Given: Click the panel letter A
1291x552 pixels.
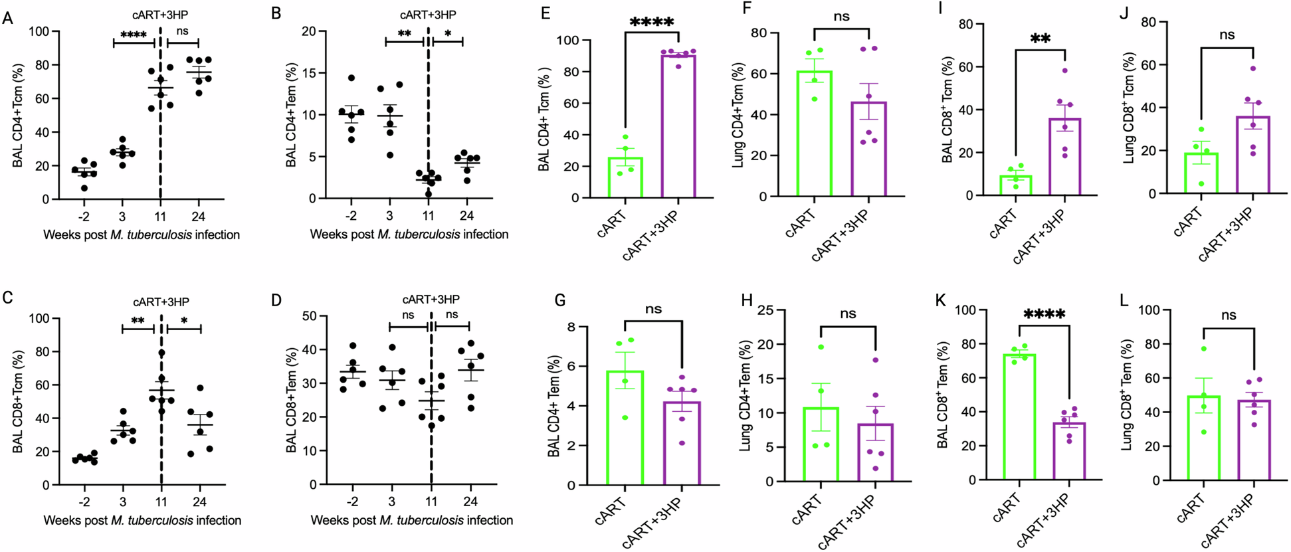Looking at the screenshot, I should (x=8, y=17).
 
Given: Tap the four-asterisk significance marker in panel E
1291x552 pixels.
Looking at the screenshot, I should (x=652, y=22).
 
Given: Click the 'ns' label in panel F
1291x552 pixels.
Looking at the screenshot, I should (x=841, y=16).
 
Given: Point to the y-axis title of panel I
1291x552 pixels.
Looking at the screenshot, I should (x=947, y=110).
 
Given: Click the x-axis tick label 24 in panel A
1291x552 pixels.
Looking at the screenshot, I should (x=198, y=216).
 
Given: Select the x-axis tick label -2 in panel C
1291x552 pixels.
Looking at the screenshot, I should (x=83, y=502).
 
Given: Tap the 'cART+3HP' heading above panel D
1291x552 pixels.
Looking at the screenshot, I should (x=431, y=299).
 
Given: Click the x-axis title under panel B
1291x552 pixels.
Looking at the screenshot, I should (x=409, y=234).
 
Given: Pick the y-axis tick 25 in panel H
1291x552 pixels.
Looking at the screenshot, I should (x=766, y=310).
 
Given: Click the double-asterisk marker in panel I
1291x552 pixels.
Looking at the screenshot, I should (x=1041, y=39).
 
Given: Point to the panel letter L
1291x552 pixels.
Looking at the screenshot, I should (x=1124, y=300).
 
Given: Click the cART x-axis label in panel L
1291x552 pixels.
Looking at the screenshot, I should (x=1191, y=510).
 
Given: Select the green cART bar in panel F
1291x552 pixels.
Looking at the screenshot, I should (x=815, y=134).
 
